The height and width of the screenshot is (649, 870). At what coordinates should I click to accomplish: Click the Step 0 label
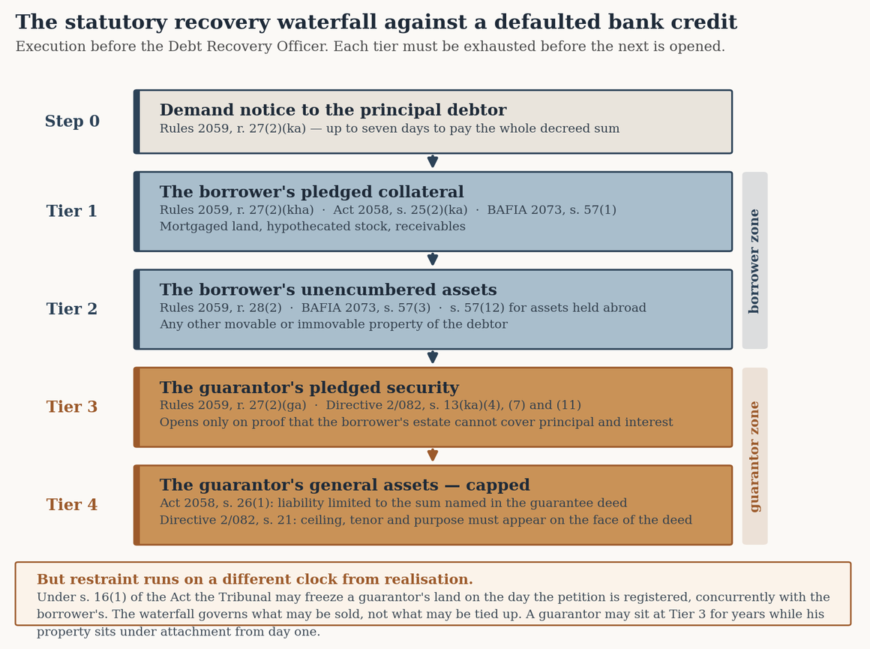click(72, 121)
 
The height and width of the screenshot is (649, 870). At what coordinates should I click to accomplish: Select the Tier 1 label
click(71, 211)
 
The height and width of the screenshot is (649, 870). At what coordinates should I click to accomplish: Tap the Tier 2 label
click(71, 308)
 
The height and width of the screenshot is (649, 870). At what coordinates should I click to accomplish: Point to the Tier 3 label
click(71, 407)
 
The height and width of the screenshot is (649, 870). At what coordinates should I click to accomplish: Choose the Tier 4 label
click(71, 504)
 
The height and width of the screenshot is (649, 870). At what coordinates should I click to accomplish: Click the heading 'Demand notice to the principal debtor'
click(333, 110)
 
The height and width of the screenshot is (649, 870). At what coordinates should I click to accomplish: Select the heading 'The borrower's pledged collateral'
click(312, 192)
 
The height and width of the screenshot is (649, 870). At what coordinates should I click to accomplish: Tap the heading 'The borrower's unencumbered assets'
click(328, 290)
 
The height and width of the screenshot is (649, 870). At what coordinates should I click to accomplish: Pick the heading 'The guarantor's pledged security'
click(310, 387)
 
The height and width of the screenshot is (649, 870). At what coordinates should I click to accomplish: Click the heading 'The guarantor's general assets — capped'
click(344, 485)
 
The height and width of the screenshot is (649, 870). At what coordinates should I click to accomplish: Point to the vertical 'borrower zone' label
click(754, 261)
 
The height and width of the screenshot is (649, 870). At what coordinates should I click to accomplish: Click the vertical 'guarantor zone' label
click(754, 456)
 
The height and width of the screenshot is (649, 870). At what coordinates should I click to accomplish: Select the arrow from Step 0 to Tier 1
click(433, 161)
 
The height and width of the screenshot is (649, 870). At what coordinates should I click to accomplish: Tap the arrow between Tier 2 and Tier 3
click(433, 356)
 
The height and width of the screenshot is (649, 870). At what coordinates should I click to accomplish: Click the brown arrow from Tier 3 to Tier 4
click(433, 454)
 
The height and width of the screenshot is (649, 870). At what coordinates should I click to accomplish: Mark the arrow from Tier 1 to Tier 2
click(433, 259)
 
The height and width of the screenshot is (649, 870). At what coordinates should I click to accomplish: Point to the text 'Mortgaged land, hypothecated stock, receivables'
click(313, 227)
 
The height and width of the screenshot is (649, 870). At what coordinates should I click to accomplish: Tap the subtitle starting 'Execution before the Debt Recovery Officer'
click(370, 47)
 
